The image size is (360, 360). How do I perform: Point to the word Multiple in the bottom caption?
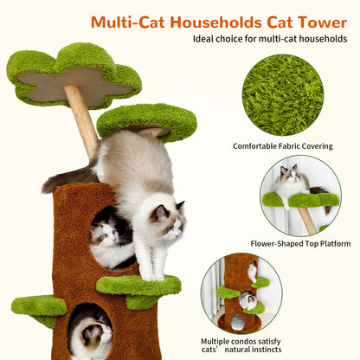point(222,341)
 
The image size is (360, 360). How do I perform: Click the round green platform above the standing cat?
point(147,120)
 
